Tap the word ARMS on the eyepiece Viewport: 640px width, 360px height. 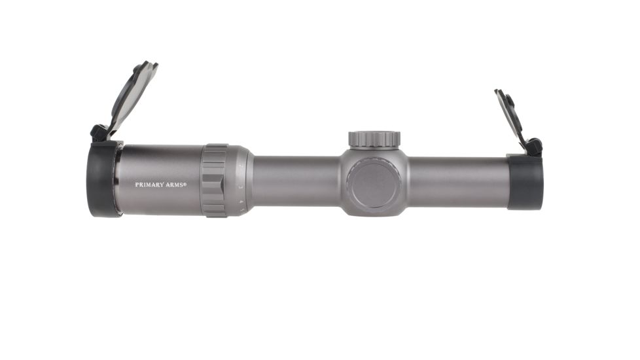click(x=175, y=185)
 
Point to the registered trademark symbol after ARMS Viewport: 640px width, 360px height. click(x=185, y=184)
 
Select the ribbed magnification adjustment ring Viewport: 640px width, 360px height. click(x=214, y=180)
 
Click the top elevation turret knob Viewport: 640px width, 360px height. click(x=374, y=139)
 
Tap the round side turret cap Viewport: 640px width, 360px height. click(x=374, y=183)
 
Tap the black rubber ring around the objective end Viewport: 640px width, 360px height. click(x=525, y=183)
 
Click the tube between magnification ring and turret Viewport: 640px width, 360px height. click(x=294, y=181)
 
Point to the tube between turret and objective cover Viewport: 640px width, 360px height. click(x=458, y=183)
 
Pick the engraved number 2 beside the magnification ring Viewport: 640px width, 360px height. click(x=241, y=168)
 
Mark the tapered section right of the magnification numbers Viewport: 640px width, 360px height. click(x=248, y=181)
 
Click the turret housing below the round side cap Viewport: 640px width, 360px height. click(x=374, y=211)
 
